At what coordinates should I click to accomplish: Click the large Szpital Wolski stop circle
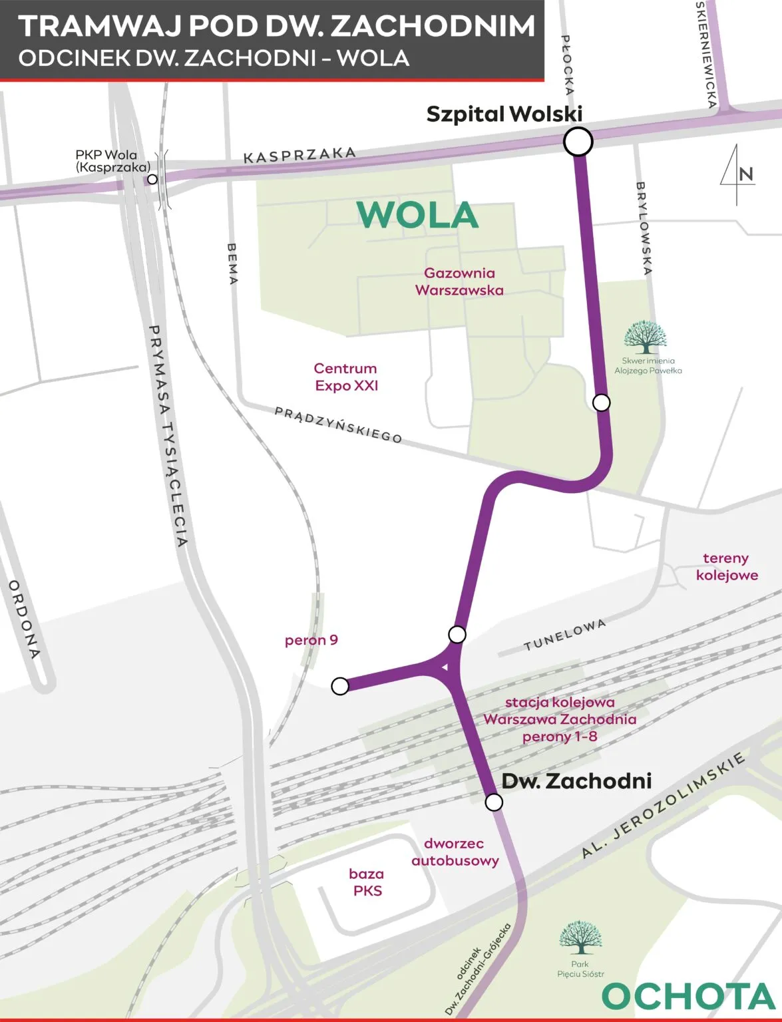tap(578, 141)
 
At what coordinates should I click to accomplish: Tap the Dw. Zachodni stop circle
tap(494, 802)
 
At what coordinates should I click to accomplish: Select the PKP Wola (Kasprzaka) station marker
tap(152, 179)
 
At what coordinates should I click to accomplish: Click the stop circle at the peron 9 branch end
tap(340, 686)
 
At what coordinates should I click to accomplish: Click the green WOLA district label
tap(417, 215)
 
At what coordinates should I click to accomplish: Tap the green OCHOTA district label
tap(688, 997)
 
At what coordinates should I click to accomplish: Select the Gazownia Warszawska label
tap(459, 281)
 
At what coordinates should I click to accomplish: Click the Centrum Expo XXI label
tap(345, 377)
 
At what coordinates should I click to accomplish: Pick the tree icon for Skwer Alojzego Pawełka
tap(645, 337)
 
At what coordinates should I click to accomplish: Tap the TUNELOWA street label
tap(564, 635)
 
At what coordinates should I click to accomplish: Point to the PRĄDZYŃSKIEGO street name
tap(339, 425)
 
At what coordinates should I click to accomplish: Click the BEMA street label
tap(232, 263)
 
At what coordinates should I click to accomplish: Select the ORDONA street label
tap(25, 618)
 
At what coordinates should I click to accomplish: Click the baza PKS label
tap(367, 882)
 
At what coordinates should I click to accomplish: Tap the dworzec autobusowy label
tap(455, 852)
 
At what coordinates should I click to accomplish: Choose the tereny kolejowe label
tap(726, 566)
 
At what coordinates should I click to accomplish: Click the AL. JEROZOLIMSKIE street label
tap(662, 806)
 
